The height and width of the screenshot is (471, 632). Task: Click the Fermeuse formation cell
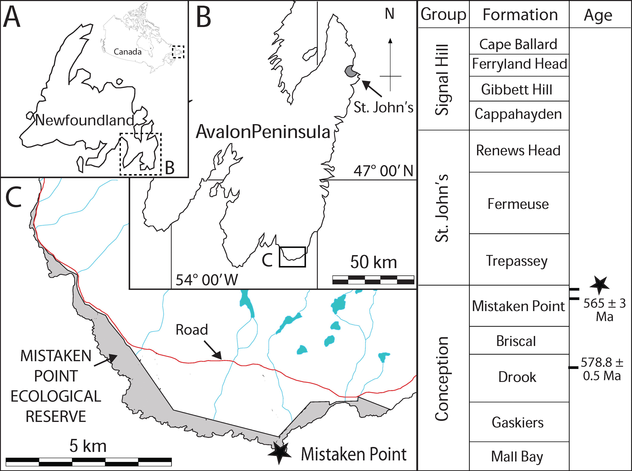coord(519,203)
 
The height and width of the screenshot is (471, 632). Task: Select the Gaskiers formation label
coord(518,422)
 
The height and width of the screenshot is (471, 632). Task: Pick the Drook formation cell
coord(519,378)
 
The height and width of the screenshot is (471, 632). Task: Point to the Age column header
coord(598,15)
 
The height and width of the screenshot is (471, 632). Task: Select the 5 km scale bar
coord(89,462)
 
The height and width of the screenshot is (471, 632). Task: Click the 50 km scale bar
coord(373,280)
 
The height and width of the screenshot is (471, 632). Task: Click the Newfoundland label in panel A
coord(85,120)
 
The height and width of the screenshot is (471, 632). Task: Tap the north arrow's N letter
coord(390,14)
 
